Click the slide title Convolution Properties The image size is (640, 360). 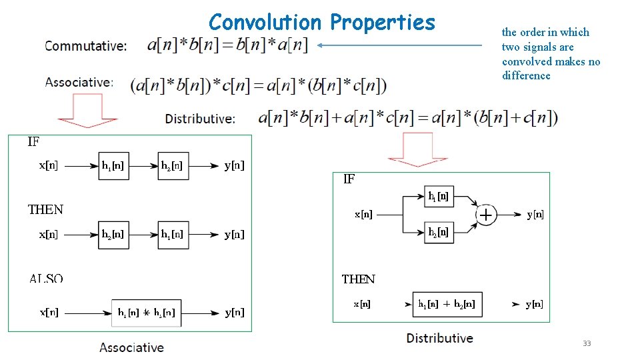coord(321,22)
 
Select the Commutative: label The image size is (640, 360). coord(85,46)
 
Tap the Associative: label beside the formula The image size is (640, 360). coord(79,82)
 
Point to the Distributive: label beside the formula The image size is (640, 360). coord(200,119)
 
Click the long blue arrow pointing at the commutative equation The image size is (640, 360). coord(400,45)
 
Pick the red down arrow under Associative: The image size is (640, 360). coord(88,110)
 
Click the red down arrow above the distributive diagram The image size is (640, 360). coord(417,149)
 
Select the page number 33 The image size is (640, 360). coord(587,343)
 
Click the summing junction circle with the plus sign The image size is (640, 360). coord(486,215)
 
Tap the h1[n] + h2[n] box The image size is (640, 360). coord(447,304)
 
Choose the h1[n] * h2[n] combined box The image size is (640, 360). coord(147,312)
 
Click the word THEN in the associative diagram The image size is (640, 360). coord(45,209)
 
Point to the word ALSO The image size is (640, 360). coord(46,278)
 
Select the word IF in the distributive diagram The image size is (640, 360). coord(349,179)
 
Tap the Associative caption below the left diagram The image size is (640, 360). coord(131,347)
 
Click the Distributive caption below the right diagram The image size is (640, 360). coord(439,338)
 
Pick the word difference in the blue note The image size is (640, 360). coord(526,75)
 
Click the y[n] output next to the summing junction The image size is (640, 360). coord(535,214)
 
